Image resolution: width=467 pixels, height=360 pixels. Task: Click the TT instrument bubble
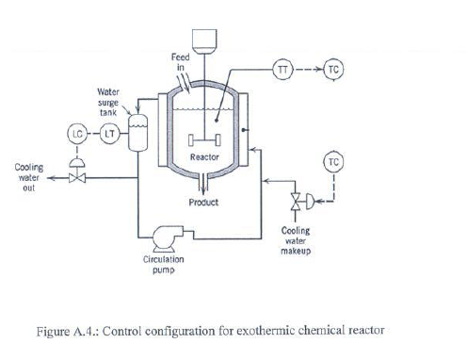coord(283,68)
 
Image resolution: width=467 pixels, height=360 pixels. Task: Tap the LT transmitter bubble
coord(110,133)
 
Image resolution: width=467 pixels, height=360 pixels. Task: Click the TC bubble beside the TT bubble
coord(331,68)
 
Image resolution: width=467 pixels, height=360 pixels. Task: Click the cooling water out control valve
coord(77,180)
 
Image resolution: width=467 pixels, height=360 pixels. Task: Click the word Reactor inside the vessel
coord(205,157)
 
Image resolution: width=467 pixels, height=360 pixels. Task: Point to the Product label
coord(203,203)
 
